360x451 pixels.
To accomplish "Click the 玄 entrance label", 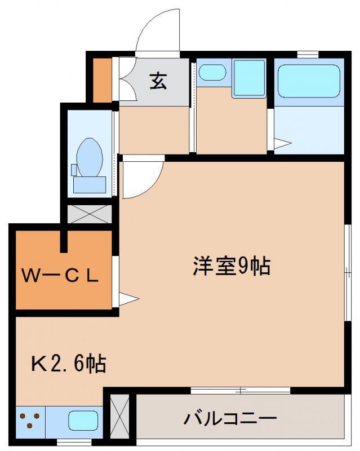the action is pos(158,81).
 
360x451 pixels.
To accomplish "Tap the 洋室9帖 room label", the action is pos(232,266).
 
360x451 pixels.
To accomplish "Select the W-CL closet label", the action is pos(60,276).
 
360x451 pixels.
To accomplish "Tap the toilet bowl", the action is pos(90,157).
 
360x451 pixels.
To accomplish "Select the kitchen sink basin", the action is pos(83,420).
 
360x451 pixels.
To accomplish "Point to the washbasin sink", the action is pos(212,72).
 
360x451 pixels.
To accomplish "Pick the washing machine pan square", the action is pos(249,78).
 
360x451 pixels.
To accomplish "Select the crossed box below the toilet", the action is pos(90,214).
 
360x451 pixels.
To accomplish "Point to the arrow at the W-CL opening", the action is pos(129,299).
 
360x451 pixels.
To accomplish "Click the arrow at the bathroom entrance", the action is pos(283,143).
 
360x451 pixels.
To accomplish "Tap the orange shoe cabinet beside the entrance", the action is pos(103,80).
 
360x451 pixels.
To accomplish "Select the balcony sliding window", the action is pos(241,391).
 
